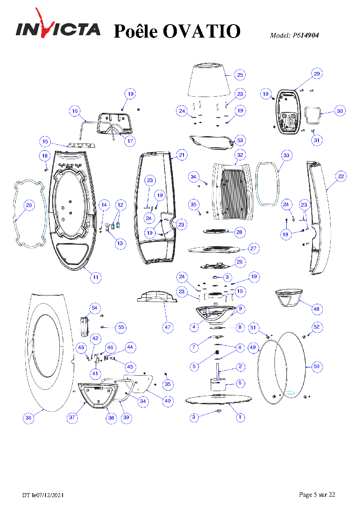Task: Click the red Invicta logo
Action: click(x=58, y=28)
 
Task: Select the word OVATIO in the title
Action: click(x=202, y=31)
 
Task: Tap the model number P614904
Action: click(x=306, y=35)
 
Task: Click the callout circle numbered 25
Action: click(x=240, y=75)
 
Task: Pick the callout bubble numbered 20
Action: click(x=29, y=205)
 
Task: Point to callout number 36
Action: click(x=28, y=418)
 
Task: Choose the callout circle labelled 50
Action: click(x=316, y=366)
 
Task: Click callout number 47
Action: click(x=168, y=327)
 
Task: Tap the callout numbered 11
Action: click(x=96, y=277)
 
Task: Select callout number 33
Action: click(x=286, y=155)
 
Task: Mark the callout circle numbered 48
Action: click(x=316, y=309)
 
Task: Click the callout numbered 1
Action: click(x=240, y=417)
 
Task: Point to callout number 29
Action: click(x=317, y=74)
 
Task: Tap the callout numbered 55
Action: click(x=121, y=327)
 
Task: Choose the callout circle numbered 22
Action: click(x=341, y=177)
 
